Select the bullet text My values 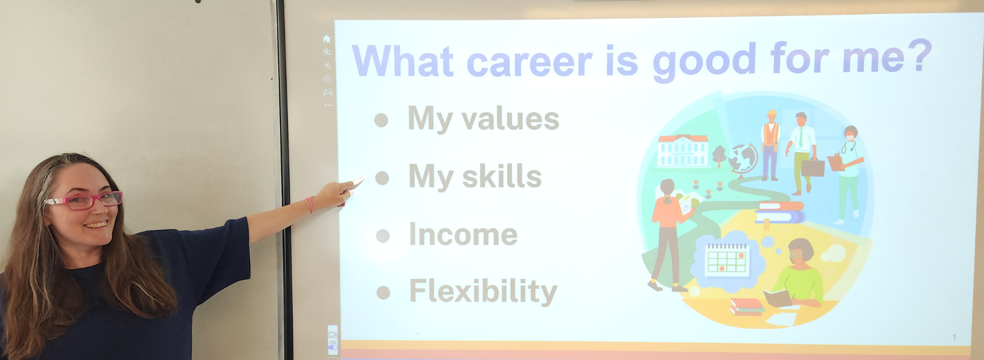pyautogui.click(x=483, y=119)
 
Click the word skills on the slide pyautogui.click(x=502, y=176)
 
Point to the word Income pyautogui.click(x=463, y=235)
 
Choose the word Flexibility pyautogui.click(x=483, y=291)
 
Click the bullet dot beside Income pyautogui.click(x=383, y=236)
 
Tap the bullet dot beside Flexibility pyautogui.click(x=383, y=292)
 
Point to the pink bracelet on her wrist pyautogui.click(x=310, y=205)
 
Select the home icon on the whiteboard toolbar pyautogui.click(x=327, y=39)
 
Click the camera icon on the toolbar pyautogui.click(x=328, y=79)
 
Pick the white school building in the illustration pyautogui.click(x=683, y=151)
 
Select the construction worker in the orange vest pyautogui.click(x=770, y=144)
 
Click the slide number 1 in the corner pyautogui.click(x=954, y=337)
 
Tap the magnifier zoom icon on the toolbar pyautogui.click(x=328, y=66)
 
